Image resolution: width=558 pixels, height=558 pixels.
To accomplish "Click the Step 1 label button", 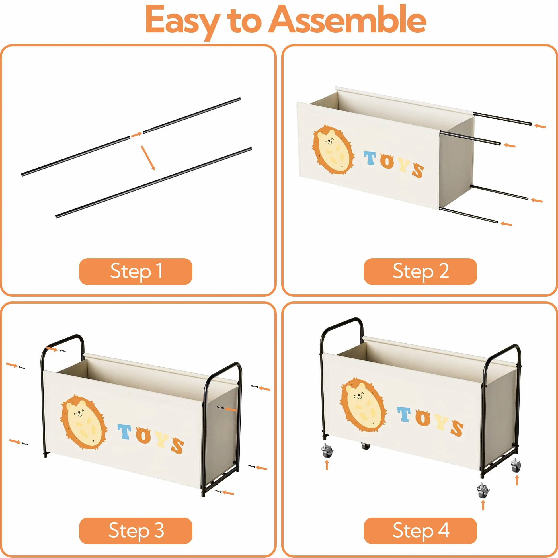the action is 136,272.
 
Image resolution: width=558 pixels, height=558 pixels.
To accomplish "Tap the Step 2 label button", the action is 420,272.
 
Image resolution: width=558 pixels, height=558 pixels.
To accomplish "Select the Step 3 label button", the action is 136,531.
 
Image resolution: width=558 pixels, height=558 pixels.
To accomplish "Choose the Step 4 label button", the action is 420,531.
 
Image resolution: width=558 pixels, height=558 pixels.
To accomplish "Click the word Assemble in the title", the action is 347,20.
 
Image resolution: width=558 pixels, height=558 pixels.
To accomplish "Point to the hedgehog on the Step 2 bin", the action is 333,150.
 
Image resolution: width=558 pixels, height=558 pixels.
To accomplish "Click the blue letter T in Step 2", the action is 370,158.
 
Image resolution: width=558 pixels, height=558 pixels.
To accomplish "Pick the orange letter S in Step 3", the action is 177,446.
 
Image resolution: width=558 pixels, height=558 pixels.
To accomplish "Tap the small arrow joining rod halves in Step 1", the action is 136,135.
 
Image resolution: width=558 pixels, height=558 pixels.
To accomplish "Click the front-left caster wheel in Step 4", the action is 327,451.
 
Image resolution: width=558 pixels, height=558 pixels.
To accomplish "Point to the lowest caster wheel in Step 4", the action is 483,491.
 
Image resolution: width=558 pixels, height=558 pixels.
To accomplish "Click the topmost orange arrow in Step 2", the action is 540,126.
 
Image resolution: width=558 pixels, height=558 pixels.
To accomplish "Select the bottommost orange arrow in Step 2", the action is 506,224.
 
